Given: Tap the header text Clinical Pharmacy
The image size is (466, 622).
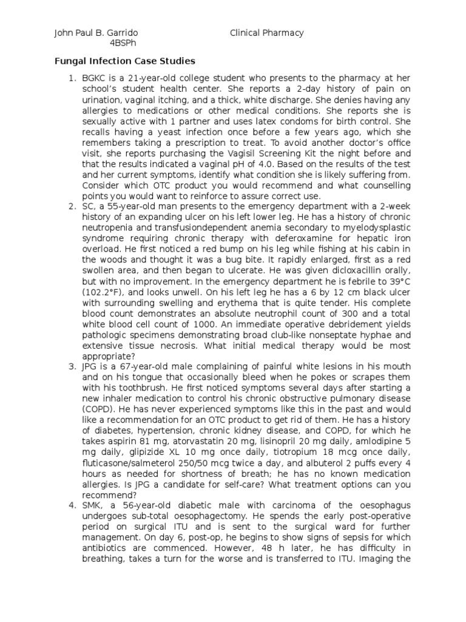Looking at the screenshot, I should coord(267,33).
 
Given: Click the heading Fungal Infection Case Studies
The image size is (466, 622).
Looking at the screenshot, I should coord(125,61).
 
